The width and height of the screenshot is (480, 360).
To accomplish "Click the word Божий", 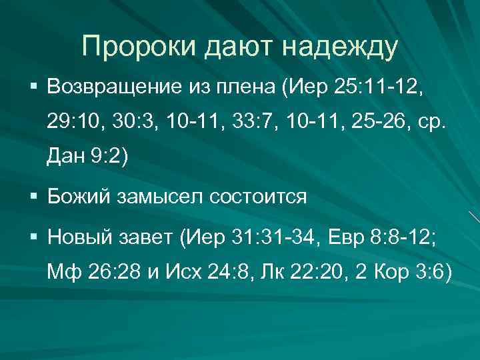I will click(x=79, y=197).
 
